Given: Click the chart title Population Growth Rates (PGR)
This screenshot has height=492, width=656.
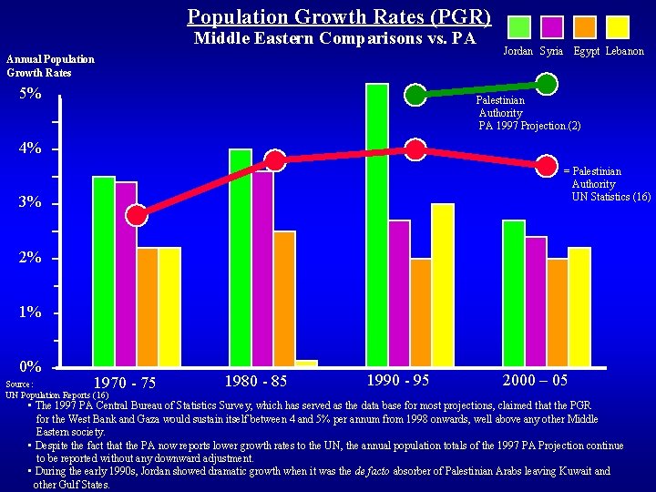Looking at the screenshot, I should [x=339, y=16].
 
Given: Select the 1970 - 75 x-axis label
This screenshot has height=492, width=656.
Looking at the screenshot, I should [x=125, y=382].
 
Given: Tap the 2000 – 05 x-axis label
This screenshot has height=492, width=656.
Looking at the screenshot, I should [x=535, y=379].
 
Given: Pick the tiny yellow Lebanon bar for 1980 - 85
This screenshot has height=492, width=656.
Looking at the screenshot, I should [x=306, y=364].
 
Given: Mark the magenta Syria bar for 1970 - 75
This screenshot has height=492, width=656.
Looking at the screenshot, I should [x=126, y=274].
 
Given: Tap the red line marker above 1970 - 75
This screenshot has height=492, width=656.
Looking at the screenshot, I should [x=137, y=215].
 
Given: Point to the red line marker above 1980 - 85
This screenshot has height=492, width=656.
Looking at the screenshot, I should [x=274, y=161].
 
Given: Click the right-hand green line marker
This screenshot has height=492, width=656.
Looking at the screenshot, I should [x=547, y=84].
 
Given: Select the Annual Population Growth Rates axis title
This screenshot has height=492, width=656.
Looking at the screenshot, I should [x=50, y=66].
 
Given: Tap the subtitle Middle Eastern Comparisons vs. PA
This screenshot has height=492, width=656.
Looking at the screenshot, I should [x=334, y=38].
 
